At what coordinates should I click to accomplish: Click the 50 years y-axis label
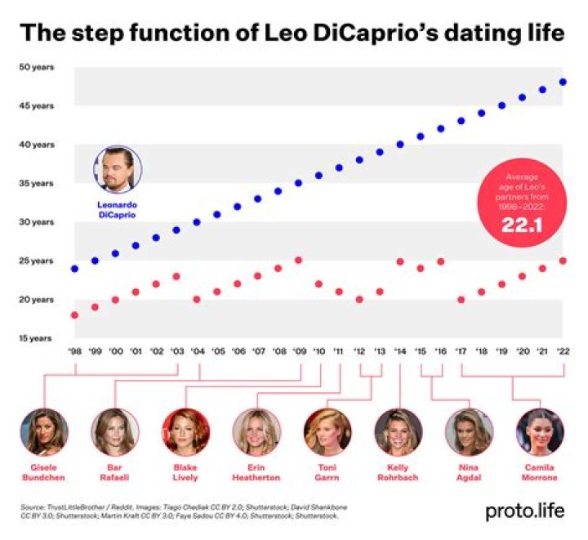pos(37,67)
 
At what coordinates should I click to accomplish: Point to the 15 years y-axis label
pos(37,338)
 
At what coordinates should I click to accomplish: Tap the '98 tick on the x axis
pos(74,350)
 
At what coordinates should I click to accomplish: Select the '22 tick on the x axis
pos(563,350)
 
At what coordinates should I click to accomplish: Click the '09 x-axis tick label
pos(298,350)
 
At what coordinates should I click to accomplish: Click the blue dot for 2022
pos(563,82)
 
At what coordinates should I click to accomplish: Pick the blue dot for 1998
pos(74,268)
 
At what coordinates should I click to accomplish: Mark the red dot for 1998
pos(74,315)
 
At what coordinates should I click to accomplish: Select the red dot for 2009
pos(298,261)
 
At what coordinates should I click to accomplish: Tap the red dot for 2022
pos(563,261)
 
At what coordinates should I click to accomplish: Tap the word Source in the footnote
pos(33,507)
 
